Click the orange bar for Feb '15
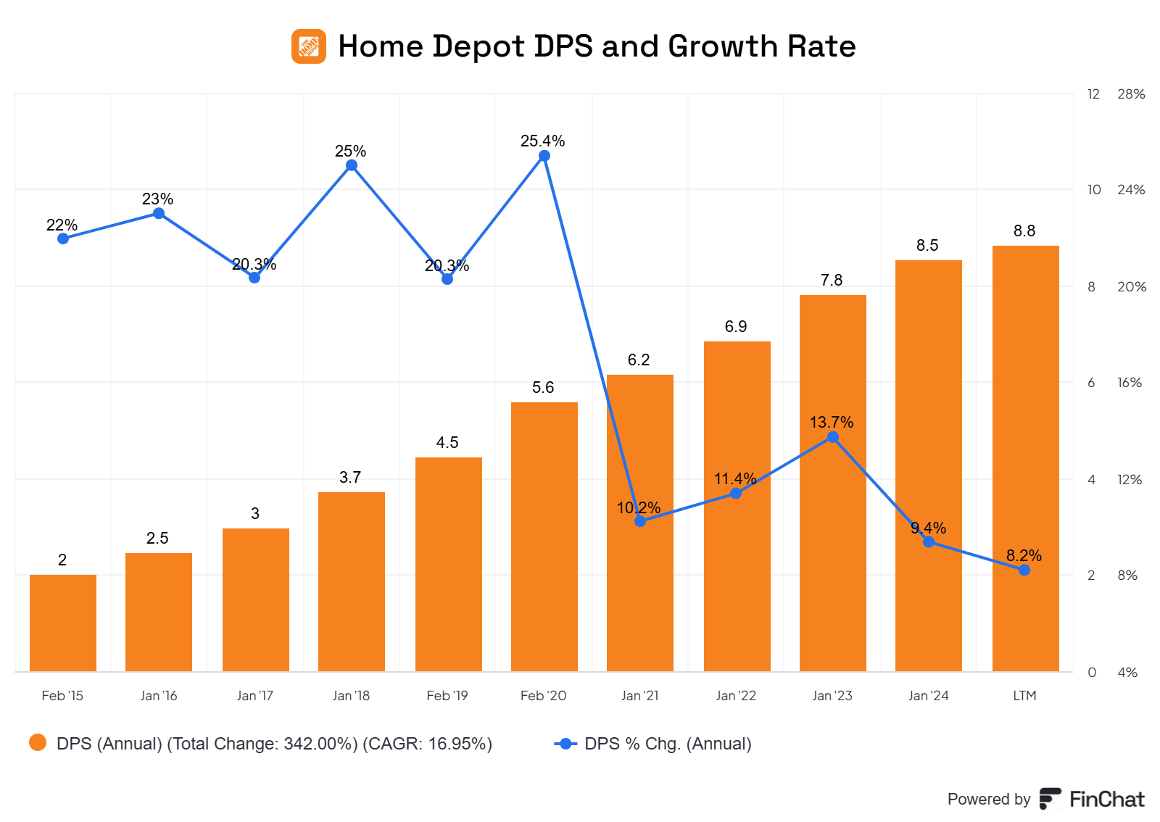point(63,623)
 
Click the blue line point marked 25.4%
point(544,156)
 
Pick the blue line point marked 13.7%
point(833,437)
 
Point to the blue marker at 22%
point(63,238)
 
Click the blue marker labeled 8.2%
point(1024,570)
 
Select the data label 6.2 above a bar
point(639,360)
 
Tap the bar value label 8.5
point(927,246)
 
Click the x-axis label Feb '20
point(543,696)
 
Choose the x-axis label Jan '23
point(832,696)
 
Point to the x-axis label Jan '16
point(159,696)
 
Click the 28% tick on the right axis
point(1131,94)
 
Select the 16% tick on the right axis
point(1130,383)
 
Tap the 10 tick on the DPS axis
point(1093,190)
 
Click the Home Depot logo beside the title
point(309,46)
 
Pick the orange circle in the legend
point(38,743)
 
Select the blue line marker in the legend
point(565,744)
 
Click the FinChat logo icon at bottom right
point(1050,799)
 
